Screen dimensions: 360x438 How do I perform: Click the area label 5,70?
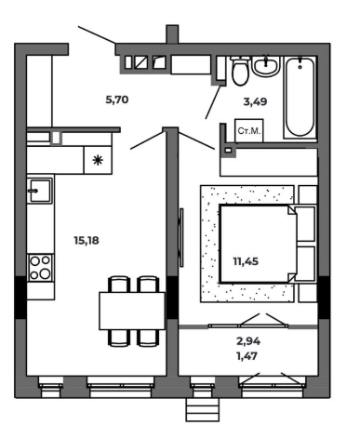117,100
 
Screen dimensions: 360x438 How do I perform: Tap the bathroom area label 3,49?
255,101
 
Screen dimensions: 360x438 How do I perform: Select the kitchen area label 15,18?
87,240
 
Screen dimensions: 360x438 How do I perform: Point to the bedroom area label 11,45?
246,261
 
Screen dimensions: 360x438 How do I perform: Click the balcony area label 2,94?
248,341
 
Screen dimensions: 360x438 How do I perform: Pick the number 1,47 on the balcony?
247,356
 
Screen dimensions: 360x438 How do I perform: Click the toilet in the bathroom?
240,71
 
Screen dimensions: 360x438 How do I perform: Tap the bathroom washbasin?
266,66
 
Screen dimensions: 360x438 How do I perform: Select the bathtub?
300,97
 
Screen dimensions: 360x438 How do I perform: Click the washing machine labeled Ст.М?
249,131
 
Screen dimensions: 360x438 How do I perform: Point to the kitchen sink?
40,191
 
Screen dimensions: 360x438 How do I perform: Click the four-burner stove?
41,268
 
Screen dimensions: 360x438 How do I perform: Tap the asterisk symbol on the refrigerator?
98,160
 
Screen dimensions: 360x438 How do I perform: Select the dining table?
132,311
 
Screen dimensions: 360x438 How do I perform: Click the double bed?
259,244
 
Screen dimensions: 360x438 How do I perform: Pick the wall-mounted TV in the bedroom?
181,237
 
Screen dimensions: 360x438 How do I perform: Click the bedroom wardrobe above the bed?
269,162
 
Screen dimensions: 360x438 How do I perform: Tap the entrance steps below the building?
203,409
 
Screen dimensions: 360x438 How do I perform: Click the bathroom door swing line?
213,102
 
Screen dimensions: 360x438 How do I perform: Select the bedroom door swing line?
196,141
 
